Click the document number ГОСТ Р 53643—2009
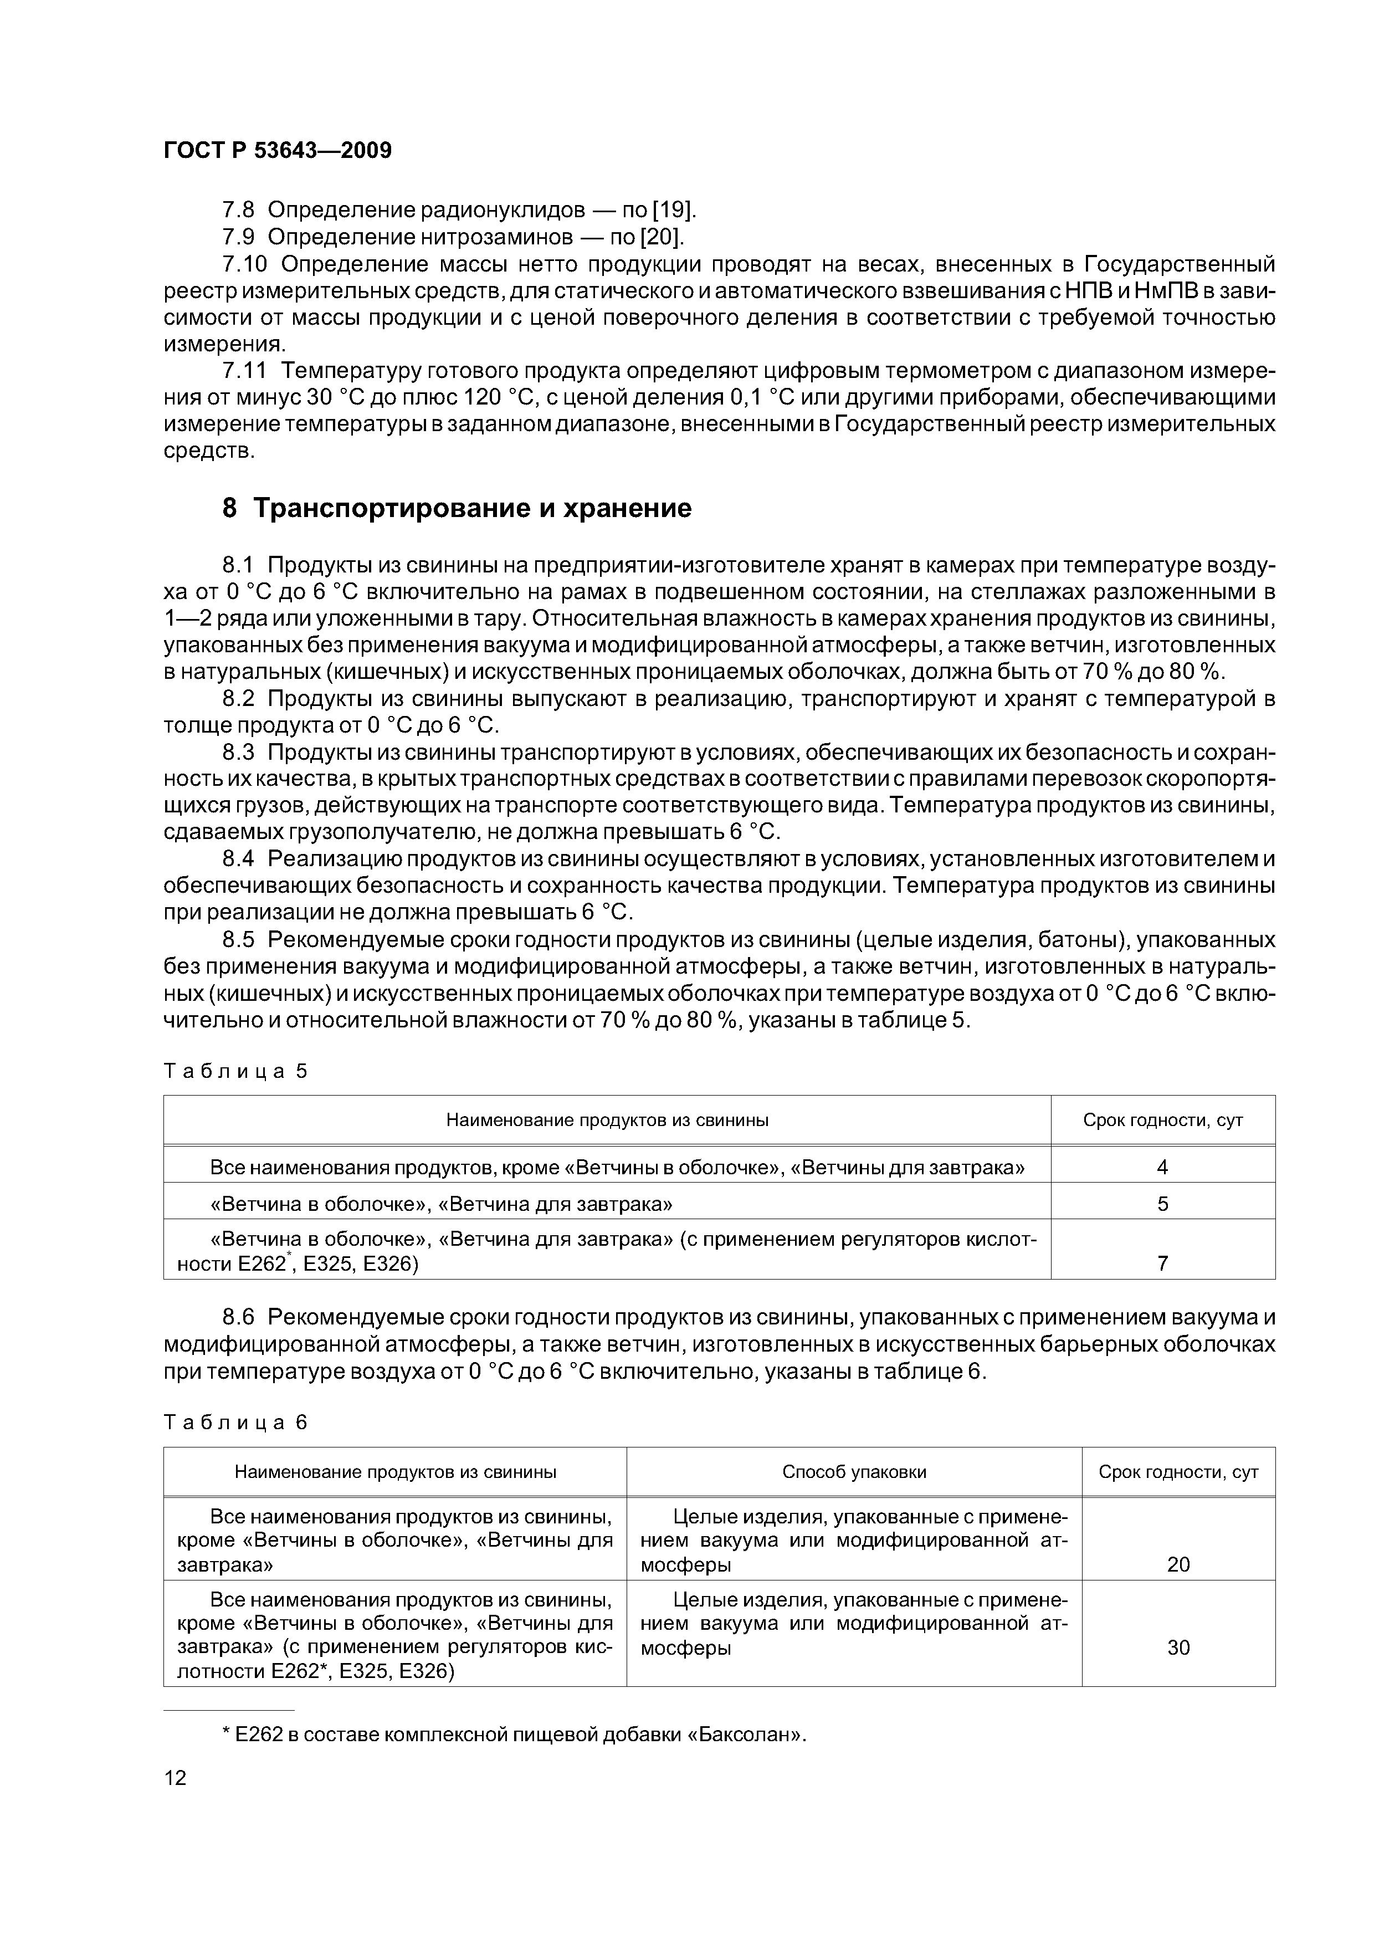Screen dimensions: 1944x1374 coord(277,151)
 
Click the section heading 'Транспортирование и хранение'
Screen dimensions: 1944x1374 coord(471,508)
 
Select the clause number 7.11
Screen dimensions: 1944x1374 coord(245,371)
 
